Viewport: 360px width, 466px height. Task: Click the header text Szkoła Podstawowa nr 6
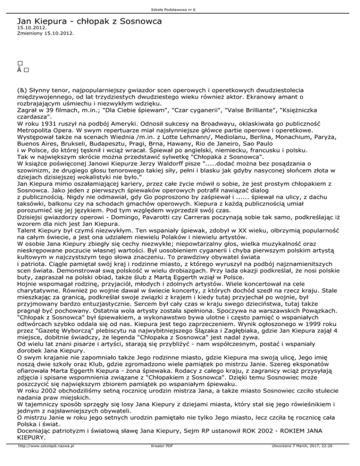(180, 4)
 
